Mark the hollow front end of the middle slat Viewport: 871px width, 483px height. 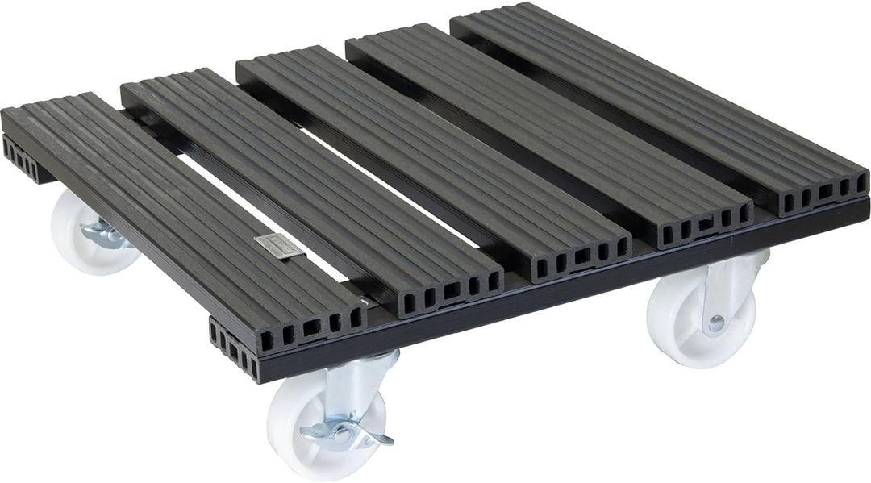[581, 257]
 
